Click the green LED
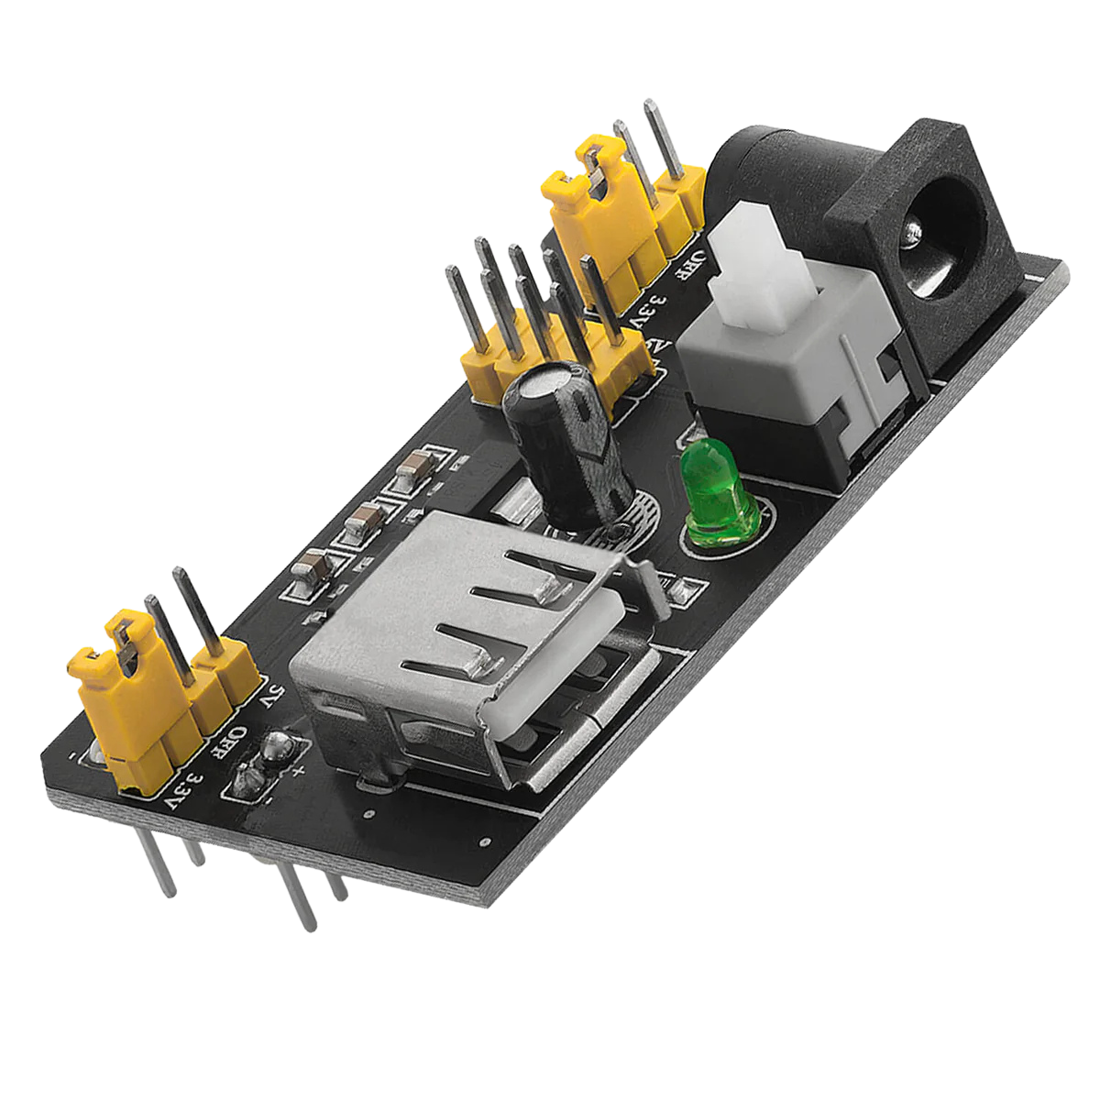point(719,496)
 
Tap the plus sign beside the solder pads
point(299,769)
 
